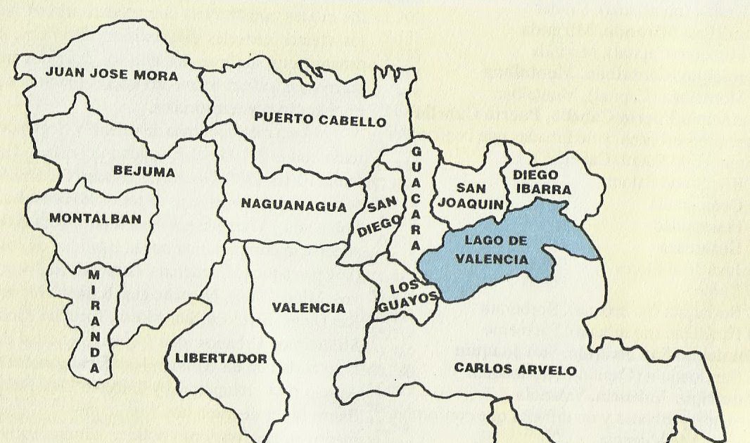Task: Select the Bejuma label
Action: click(x=144, y=171)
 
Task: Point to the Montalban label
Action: click(x=95, y=219)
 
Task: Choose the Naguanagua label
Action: click(x=294, y=205)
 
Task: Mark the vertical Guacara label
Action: click(x=416, y=198)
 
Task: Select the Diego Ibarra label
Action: click(x=541, y=181)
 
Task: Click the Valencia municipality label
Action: click(x=308, y=308)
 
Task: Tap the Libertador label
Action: click(x=221, y=359)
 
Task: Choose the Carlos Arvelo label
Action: click(x=515, y=369)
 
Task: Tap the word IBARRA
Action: click(x=542, y=189)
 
